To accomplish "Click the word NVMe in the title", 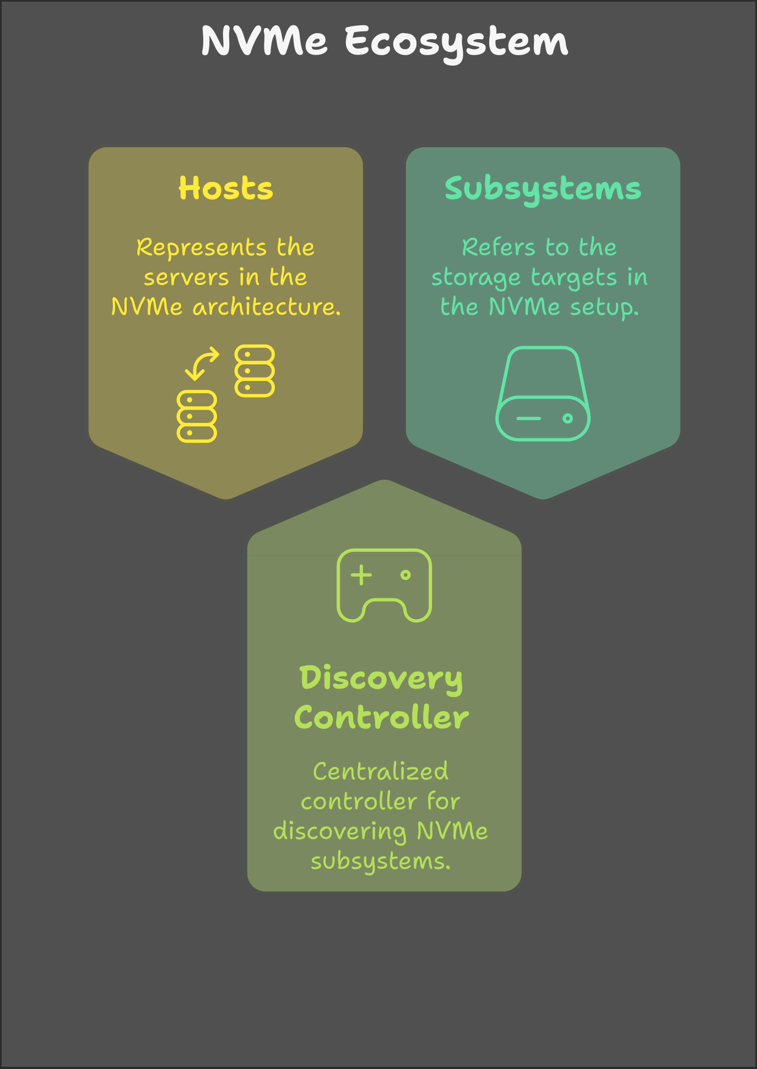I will pyautogui.click(x=264, y=41).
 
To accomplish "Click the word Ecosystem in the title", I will pyautogui.click(x=457, y=42).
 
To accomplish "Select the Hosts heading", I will pyautogui.click(x=226, y=189).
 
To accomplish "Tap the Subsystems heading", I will pyautogui.click(x=543, y=189).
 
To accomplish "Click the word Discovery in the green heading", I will pyautogui.click(x=381, y=678).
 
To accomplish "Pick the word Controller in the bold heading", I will pyautogui.click(x=381, y=718).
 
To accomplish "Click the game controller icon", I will pyautogui.click(x=384, y=585).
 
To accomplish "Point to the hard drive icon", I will pyautogui.click(x=543, y=394).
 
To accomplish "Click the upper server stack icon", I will pyautogui.click(x=255, y=371).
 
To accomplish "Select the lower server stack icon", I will pyautogui.click(x=197, y=416).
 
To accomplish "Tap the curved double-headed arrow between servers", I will pyautogui.click(x=202, y=363).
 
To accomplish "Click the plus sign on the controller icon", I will pyautogui.click(x=361, y=575).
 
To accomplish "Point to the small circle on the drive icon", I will pyautogui.click(x=567, y=418).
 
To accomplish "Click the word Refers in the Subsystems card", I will pyautogui.click(x=499, y=248).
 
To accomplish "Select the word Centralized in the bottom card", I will pyautogui.click(x=381, y=771).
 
